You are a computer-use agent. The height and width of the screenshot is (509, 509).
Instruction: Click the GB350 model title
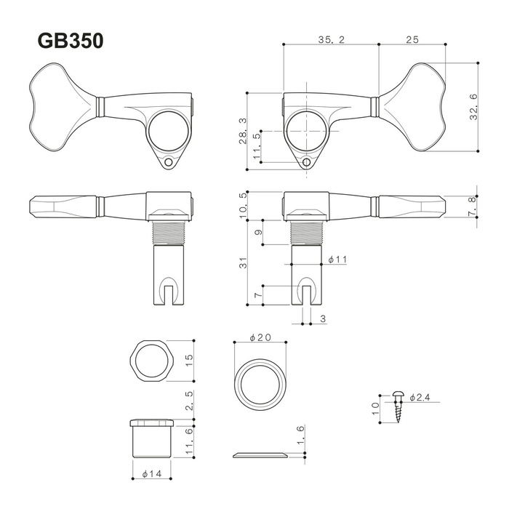[71, 41]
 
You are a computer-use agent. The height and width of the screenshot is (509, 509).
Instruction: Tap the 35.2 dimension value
[331, 39]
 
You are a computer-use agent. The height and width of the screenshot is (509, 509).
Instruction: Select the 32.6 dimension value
[473, 107]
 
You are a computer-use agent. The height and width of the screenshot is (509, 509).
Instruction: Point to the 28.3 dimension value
[243, 131]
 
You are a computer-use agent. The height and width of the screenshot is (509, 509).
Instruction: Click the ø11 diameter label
[337, 260]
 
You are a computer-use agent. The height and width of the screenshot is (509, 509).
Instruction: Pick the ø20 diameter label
[260, 337]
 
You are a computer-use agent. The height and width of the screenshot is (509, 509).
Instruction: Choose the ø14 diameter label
[152, 474]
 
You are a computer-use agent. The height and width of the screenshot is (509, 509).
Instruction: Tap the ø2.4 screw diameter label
[420, 397]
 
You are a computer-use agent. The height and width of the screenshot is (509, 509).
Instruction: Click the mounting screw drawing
[398, 406]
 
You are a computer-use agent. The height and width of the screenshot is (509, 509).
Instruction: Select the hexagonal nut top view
[151, 361]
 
